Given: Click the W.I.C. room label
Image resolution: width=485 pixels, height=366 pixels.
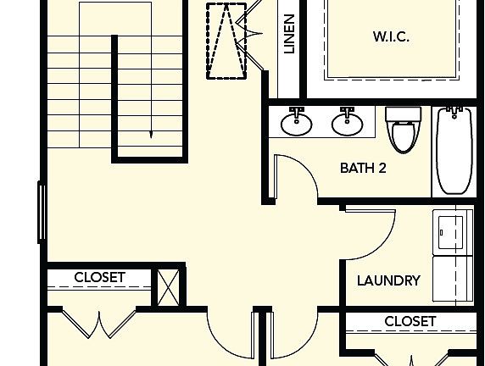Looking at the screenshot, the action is (391, 36).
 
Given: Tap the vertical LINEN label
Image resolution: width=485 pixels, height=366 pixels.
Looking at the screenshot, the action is (289, 34).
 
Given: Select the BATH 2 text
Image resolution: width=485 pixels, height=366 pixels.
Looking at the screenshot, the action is (363, 168).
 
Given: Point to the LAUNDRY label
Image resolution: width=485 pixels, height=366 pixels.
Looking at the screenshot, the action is (388, 280).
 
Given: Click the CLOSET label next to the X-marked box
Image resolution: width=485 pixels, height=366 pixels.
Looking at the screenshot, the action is (99, 277).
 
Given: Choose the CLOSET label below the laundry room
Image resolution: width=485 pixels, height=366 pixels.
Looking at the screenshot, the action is (410, 321).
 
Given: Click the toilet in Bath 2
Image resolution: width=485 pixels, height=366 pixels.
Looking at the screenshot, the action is (404, 130).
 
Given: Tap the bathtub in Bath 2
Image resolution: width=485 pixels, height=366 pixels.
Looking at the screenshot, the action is (454, 151).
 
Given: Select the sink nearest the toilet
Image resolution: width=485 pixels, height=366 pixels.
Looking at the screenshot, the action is (347, 122).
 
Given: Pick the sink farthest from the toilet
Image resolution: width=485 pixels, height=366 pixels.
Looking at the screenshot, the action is (296, 122).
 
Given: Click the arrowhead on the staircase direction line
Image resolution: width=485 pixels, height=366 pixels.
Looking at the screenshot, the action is (151, 135).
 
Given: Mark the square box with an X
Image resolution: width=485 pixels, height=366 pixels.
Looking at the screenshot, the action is (168, 287).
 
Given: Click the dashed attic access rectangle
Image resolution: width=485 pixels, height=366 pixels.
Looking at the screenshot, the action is (226, 41).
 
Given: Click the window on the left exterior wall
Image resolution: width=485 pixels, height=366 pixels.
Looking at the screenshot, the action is (42, 213).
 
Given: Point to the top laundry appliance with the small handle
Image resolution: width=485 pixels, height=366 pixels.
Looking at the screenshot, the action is (453, 232).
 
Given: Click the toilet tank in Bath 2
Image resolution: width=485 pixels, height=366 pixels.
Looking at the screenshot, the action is (404, 114).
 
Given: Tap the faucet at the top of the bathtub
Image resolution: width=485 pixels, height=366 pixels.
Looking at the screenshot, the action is (454, 112).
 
